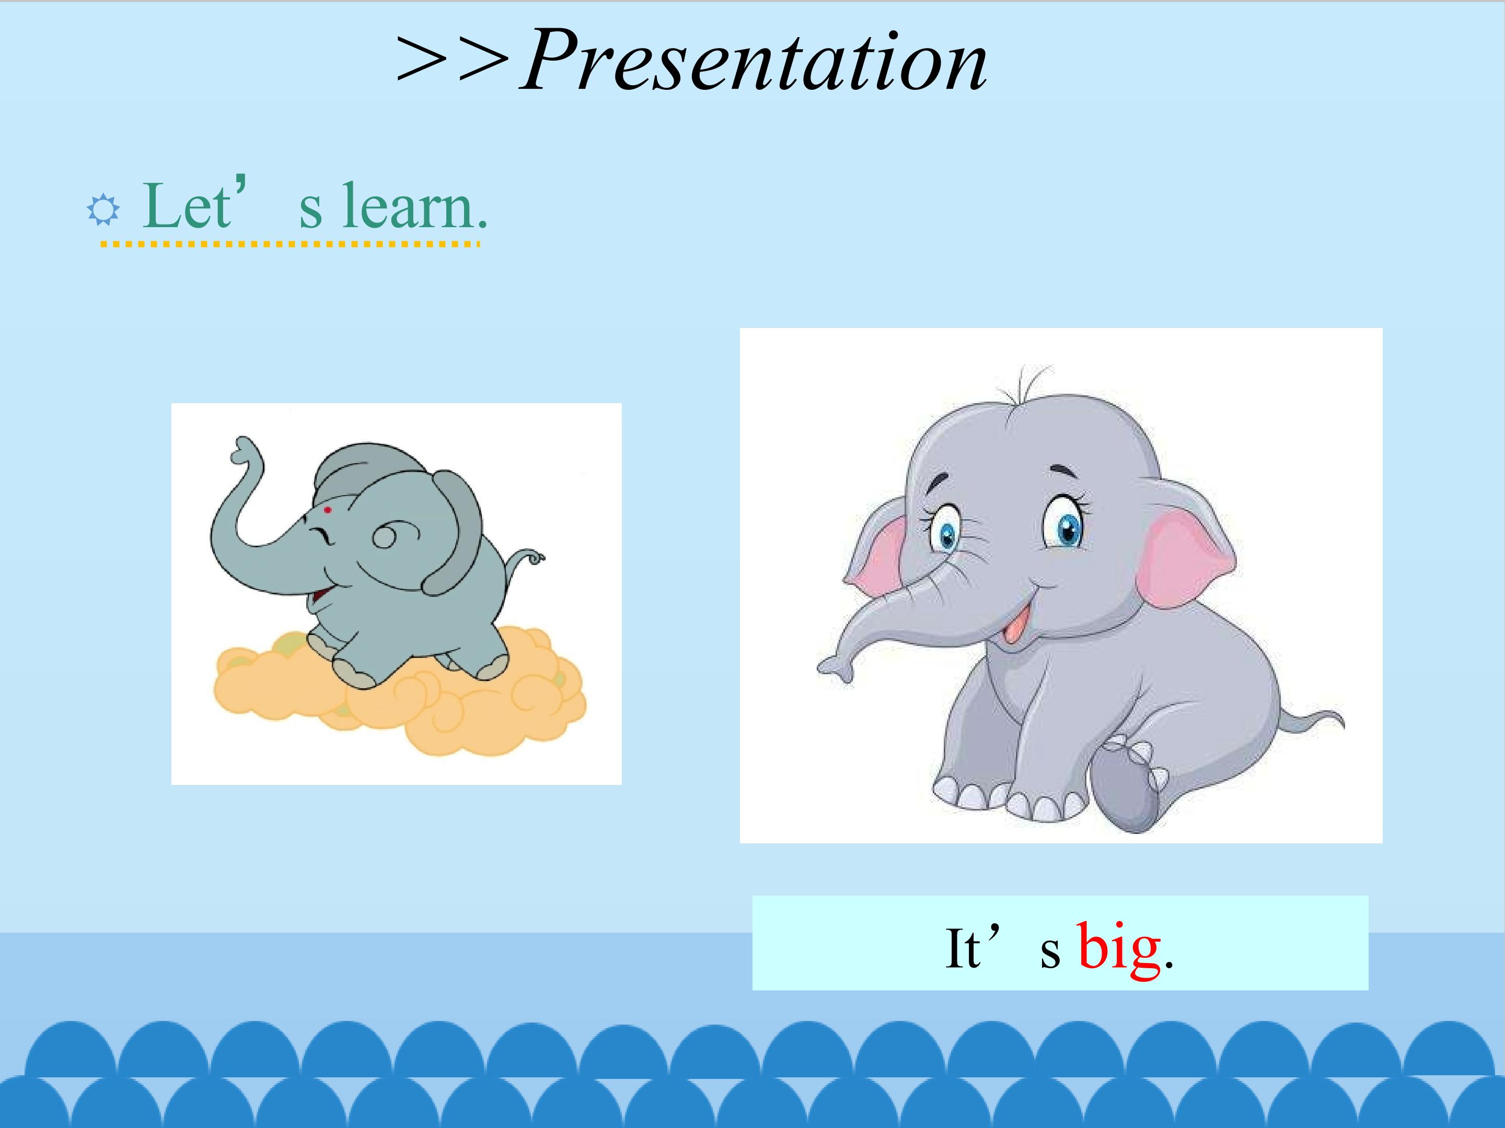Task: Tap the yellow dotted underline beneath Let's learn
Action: click(291, 243)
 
